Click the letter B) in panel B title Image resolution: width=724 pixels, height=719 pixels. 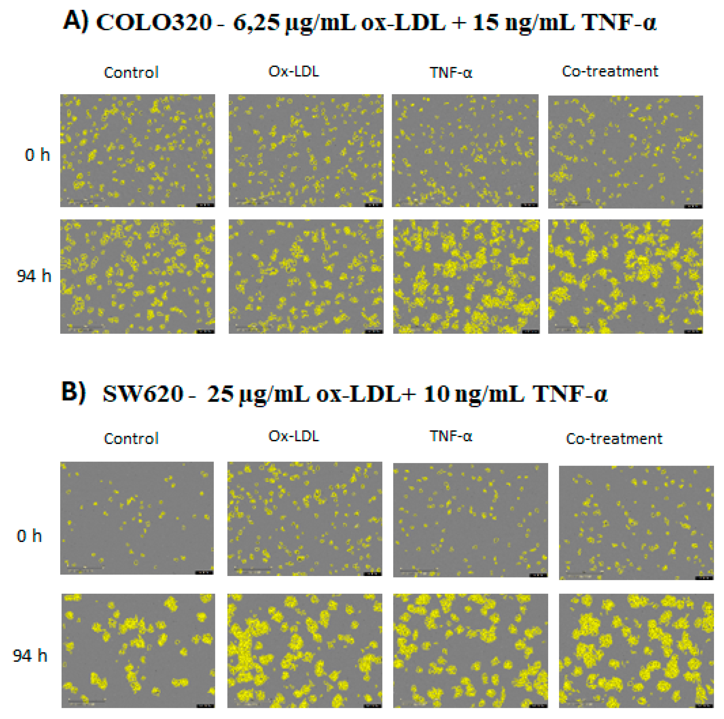click(x=73, y=392)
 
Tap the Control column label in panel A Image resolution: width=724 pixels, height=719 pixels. click(x=131, y=72)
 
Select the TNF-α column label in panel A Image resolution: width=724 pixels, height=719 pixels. click(x=451, y=72)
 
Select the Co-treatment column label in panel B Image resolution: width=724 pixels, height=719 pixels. click(x=614, y=439)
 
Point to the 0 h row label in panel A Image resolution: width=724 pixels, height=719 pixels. click(x=37, y=155)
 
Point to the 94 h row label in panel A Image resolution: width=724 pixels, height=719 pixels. click(x=34, y=276)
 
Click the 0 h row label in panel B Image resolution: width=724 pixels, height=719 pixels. click(x=29, y=536)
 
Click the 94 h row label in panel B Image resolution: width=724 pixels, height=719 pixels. click(x=30, y=656)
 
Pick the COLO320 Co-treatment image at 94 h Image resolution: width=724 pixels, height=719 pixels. click(x=625, y=277)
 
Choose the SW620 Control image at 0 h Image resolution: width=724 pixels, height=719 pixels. click(x=137, y=518)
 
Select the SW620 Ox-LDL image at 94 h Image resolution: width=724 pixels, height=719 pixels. click(x=305, y=651)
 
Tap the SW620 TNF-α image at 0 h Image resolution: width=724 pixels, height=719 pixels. click(x=470, y=520)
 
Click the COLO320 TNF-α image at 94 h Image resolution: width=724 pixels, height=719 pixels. click(x=466, y=277)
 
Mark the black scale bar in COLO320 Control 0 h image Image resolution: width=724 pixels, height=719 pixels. click(x=205, y=205)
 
